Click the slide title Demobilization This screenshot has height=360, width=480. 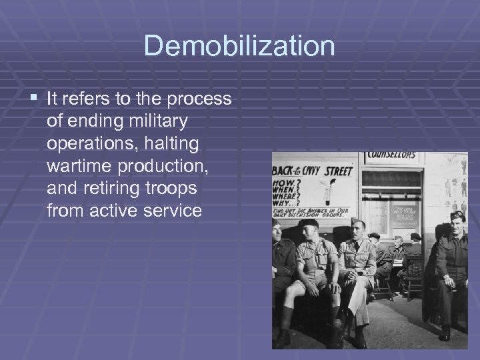[x=239, y=47]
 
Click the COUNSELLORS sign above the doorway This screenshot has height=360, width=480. [x=392, y=155]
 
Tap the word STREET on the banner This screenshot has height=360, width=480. [x=338, y=171]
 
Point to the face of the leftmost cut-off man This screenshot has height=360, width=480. [x=277, y=233]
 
